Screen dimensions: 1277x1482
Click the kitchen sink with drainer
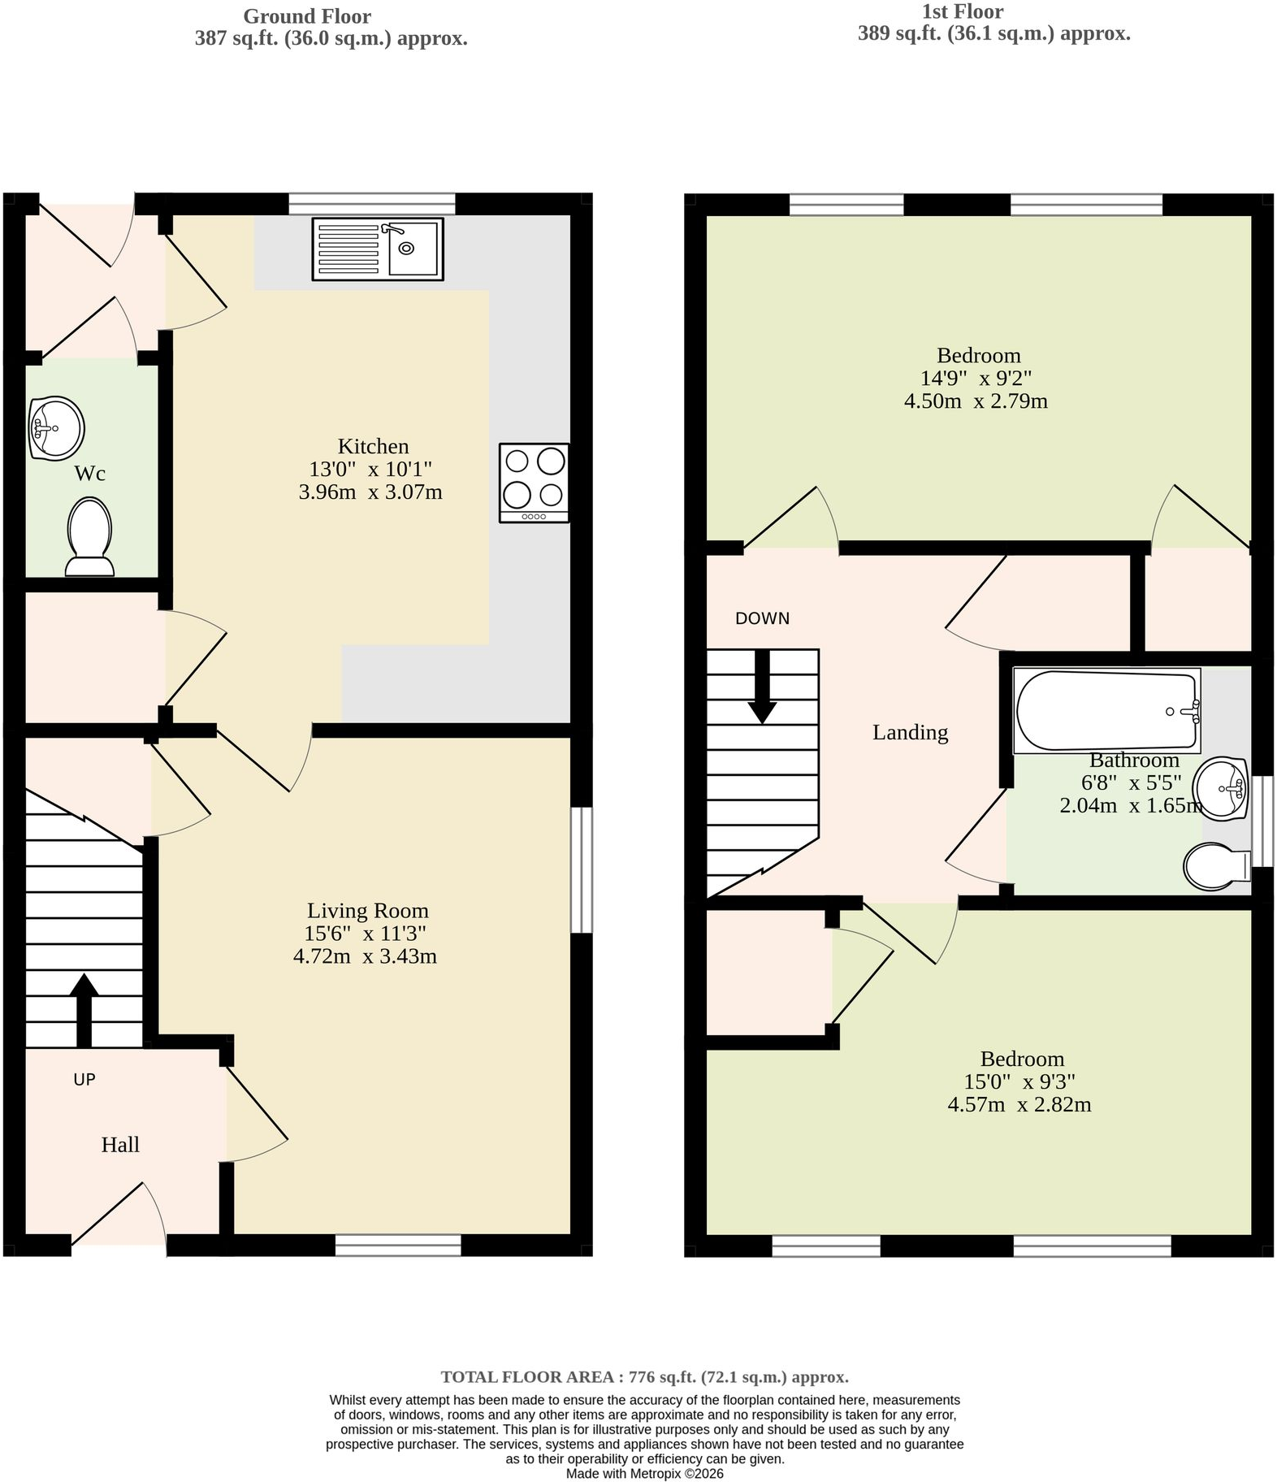pyautogui.click(x=378, y=249)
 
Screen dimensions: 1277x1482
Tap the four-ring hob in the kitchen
pyautogui.click(x=534, y=483)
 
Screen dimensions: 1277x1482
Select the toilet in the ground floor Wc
pyautogui.click(x=89, y=537)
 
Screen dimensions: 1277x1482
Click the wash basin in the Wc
pyautogui.click(x=56, y=427)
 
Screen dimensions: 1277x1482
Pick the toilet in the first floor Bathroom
pyautogui.click(x=1217, y=867)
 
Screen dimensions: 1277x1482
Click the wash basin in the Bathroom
pyautogui.click(x=1223, y=787)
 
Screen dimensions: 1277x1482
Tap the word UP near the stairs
pyautogui.click(x=84, y=1079)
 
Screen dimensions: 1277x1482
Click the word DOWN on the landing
pyautogui.click(x=762, y=618)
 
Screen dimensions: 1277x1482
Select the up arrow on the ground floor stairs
pyautogui.click(x=84, y=1010)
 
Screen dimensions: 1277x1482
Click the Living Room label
pyautogui.click(x=367, y=911)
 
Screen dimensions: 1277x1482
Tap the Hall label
pyautogui.click(x=120, y=1145)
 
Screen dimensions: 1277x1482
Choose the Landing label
pyautogui.click(x=910, y=733)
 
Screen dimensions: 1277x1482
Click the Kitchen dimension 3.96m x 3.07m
pyautogui.click(x=370, y=492)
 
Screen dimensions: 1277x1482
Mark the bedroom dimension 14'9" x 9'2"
pyautogui.click(x=976, y=378)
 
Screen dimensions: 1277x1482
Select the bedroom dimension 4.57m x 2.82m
pyautogui.click(x=1019, y=1104)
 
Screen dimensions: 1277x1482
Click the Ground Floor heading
pyautogui.click(x=307, y=16)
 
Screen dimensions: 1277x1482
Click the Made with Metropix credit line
pyautogui.click(x=644, y=1473)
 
